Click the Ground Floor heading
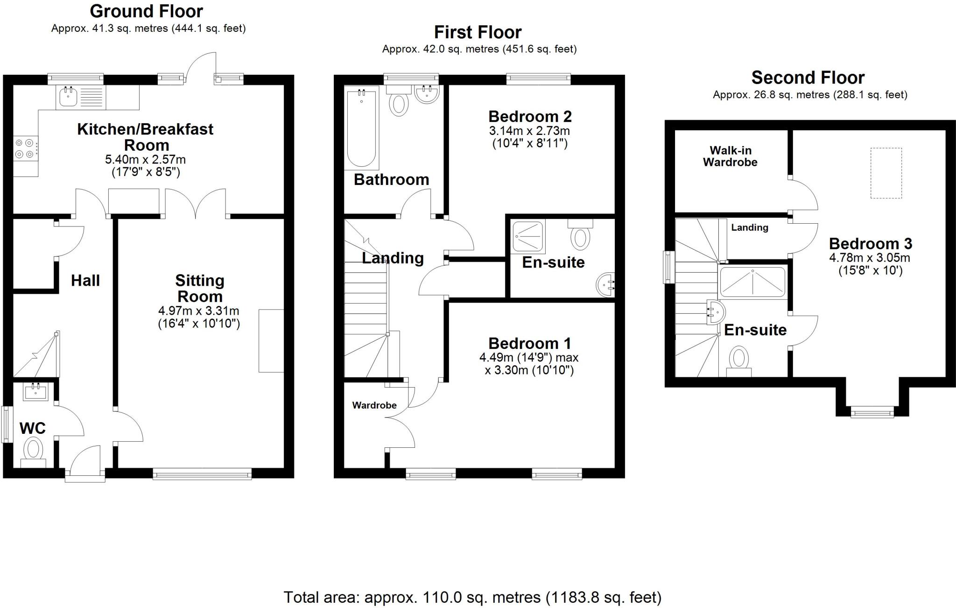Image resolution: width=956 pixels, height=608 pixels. (x=146, y=11)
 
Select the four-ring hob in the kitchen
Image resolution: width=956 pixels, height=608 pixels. (x=25, y=148)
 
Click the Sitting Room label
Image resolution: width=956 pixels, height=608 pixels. (x=200, y=288)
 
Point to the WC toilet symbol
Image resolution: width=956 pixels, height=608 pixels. (x=33, y=450)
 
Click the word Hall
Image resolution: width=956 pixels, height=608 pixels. (x=85, y=280)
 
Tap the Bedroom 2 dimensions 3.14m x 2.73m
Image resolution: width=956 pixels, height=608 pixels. (x=529, y=131)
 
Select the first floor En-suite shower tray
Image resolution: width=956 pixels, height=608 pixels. (x=528, y=236)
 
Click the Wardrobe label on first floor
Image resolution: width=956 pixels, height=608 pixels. (x=374, y=405)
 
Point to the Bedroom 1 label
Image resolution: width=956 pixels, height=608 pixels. (x=529, y=344)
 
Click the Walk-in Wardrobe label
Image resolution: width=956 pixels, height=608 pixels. (x=730, y=156)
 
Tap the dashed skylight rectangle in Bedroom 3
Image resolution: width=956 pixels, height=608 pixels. (x=886, y=173)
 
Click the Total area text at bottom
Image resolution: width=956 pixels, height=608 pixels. (x=472, y=597)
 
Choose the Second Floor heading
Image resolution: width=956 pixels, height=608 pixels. (x=808, y=78)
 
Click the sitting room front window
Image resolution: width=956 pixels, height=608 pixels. (x=202, y=475)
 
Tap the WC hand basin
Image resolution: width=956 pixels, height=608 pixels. (x=35, y=392)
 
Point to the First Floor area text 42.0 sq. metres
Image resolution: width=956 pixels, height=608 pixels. (x=479, y=49)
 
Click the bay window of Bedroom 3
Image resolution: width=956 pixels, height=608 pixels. (x=872, y=412)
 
